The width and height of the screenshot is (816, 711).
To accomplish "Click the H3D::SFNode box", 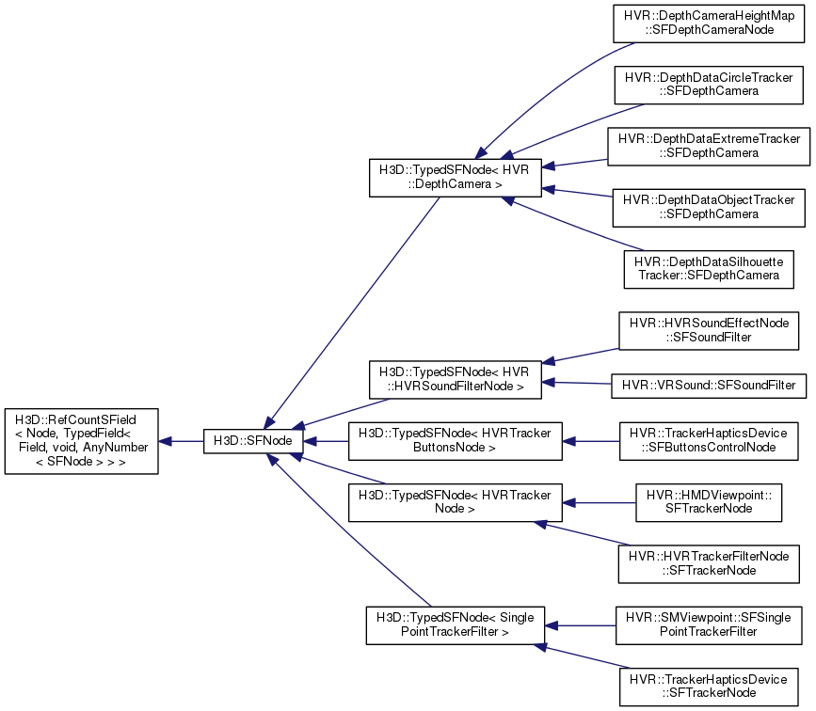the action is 253,441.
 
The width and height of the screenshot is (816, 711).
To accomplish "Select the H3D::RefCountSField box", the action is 81,441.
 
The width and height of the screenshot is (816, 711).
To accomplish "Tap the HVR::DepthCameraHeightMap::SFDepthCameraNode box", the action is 709,24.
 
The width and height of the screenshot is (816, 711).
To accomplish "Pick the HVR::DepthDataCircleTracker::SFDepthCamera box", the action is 709,85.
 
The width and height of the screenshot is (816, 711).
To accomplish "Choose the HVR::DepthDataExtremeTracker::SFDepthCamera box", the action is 709,146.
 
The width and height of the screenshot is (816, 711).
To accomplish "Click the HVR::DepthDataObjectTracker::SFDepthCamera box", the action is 709,208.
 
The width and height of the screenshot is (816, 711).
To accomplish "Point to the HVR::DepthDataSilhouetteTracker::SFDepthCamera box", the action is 709,269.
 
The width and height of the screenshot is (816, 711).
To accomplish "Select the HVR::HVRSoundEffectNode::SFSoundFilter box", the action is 709,330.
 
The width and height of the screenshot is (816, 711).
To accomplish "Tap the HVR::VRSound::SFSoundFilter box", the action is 709,386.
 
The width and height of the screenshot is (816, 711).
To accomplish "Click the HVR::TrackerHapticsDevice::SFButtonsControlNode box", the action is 709,441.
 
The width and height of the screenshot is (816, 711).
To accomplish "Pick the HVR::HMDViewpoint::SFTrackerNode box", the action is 709,502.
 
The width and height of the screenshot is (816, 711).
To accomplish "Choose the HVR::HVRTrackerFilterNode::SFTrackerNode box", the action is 709,563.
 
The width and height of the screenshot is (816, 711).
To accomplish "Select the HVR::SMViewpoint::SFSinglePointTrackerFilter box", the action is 709,625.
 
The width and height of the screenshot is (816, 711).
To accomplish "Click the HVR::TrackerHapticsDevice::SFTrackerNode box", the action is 709,687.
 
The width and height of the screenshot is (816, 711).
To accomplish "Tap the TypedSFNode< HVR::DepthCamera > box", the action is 456,178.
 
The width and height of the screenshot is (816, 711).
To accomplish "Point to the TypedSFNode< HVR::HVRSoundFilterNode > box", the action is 456,380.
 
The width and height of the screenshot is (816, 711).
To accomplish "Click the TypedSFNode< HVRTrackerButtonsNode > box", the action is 456,441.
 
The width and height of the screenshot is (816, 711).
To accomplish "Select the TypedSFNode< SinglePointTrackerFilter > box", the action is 456,625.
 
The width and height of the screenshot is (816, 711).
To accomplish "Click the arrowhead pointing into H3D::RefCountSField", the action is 165,442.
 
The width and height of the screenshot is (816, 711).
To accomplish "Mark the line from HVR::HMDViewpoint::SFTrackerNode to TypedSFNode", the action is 599,503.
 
